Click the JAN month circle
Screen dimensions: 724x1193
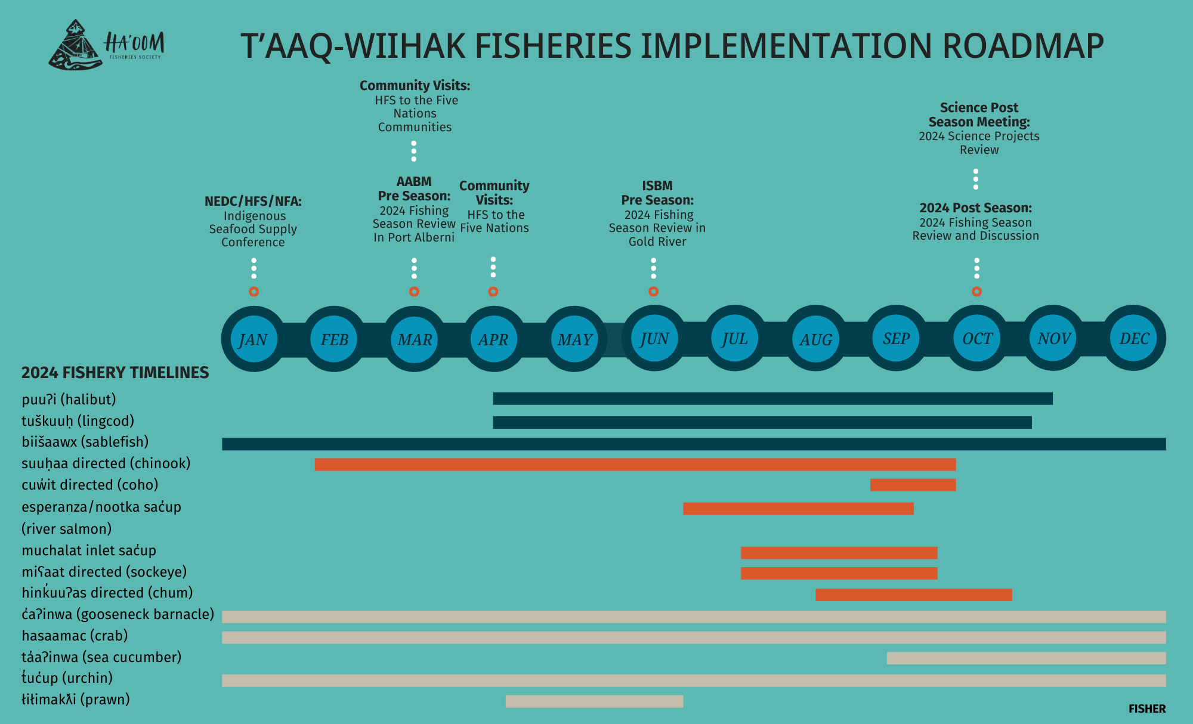pos(254,339)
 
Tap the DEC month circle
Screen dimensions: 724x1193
pos(1134,339)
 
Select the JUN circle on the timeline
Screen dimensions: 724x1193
pos(654,339)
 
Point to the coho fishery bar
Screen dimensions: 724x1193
pos(913,485)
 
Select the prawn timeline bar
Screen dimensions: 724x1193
pos(594,701)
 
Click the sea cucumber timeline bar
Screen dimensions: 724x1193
pos(1026,658)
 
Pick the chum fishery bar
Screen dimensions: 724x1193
pos(913,595)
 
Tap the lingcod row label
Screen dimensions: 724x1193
pos(78,421)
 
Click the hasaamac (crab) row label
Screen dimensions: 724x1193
pos(75,636)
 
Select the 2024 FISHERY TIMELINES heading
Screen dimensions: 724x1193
pos(115,373)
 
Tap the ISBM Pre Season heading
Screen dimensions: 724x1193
pos(657,193)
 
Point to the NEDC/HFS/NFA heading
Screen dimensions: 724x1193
pos(253,202)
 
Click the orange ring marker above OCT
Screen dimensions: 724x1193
pos(976,292)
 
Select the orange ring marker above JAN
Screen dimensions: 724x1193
pos(254,292)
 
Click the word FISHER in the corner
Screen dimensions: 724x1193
pos(1146,708)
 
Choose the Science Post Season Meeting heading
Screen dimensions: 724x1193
pos(979,115)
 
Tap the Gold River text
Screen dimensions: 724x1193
pos(657,242)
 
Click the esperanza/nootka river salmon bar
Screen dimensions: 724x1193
pos(798,509)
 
